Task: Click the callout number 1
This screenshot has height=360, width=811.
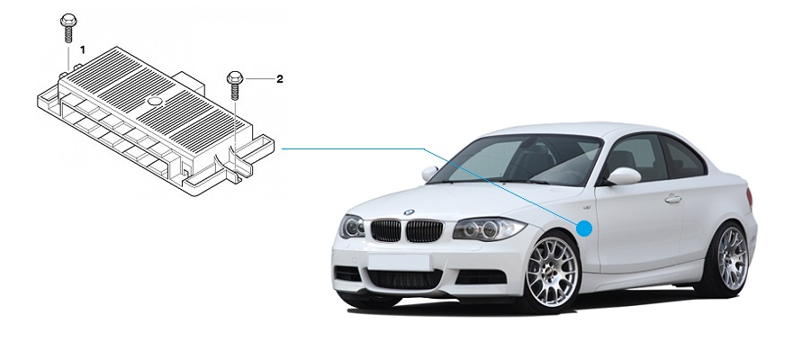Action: pyautogui.click(x=82, y=50)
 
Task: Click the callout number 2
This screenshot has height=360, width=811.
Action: pyautogui.click(x=280, y=79)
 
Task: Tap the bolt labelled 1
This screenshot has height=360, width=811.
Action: pyautogui.click(x=68, y=28)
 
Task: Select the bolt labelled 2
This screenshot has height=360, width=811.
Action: pyautogui.click(x=235, y=85)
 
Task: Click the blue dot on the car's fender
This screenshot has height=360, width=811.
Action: pyautogui.click(x=584, y=228)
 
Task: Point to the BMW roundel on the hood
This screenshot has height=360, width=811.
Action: pyautogui.click(x=410, y=212)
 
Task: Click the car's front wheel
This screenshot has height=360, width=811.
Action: pyautogui.click(x=552, y=271)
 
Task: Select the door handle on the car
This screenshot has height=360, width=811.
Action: pyautogui.click(x=672, y=199)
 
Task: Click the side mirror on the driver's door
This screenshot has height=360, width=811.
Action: pyautogui.click(x=624, y=175)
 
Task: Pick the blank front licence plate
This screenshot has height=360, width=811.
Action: pyautogui.click(x=399, y=261)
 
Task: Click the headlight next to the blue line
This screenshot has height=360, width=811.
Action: pyautogui.click(x=488, y=229)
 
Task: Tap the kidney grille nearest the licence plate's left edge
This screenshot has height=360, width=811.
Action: pyautogui.click(x=386, y=230)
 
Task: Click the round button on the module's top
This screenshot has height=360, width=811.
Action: pyautogui.click(x=155, y=102)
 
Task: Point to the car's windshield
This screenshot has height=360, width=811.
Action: pyautogui.click(x=515, y=160)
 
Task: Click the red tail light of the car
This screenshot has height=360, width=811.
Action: pyautogui.click(x=750, y=197)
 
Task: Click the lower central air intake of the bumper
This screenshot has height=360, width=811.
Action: pyautogui.click(x=405, y=279)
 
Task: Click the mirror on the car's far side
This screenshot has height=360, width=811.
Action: pyautogui.click(x=429, y=174)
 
